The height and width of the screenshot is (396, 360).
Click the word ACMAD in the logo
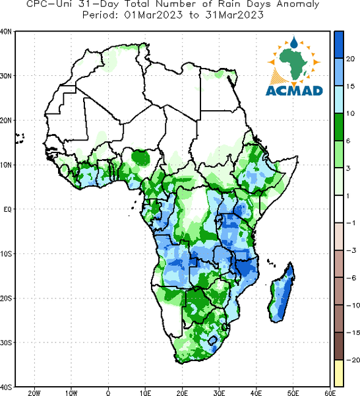(x=294, y=90)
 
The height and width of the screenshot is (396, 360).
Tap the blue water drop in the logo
(x=293, y=42)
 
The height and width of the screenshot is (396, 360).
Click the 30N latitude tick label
(x=6, y=76)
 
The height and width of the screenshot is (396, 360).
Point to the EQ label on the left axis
(x=8, y=209)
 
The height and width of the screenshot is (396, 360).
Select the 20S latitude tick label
(x=6, y=298)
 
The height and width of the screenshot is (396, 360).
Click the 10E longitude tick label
(x=145, y=393)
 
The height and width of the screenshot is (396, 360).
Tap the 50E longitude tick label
(x=293, y=393)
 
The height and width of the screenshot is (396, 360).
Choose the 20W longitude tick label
(x=34, y=393)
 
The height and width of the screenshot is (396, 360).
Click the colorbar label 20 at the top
(x=350, y=59)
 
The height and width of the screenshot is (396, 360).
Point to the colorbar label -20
(x=353, y=360)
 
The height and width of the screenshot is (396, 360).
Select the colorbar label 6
(x=348, y=141)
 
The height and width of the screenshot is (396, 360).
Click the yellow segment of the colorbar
(x=338, y=373)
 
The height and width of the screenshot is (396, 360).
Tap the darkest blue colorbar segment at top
(x=338, y=45)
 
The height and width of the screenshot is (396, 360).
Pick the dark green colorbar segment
(x=338, y=127)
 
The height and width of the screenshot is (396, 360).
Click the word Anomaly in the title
(x=298, y=5)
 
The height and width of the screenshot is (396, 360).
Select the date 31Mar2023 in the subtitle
(x=234, y=15)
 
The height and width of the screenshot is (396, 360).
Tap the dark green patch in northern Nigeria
(x=141, y=158)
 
